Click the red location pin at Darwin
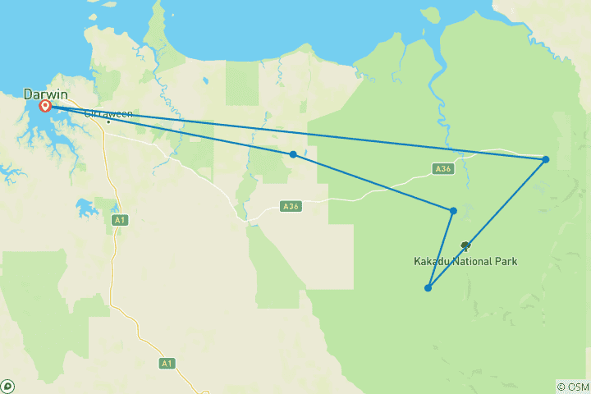pos(45,106)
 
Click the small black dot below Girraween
pos(108,122)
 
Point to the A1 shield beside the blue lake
pos(121,219)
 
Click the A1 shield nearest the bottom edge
pos(167,362)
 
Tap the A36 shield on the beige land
pos(290,207)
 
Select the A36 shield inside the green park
pos(443,169)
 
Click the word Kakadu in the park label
pos(433,262)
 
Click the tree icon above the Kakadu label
pos(465,246)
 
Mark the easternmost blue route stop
pos(546,159)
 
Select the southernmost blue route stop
pos(428,288)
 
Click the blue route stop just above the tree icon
pos(453,211)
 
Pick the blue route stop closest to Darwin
pos(293,154)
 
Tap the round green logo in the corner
pos(7,386)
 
